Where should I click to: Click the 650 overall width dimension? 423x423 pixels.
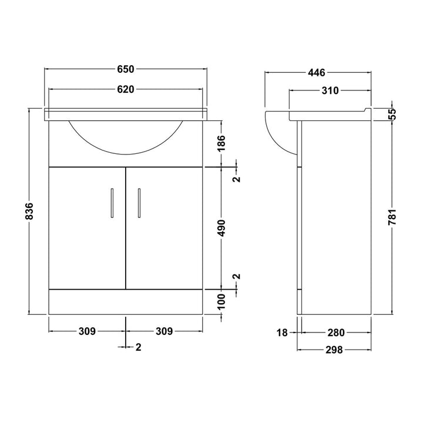pyautogui.click(x=126, y=69)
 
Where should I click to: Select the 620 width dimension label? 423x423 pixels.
pyautogui.click(x=126, y=89)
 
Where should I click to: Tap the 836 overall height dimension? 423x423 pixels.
pyautogui.click(x=29, y=211)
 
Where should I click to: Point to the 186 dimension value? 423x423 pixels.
pyautogui.click(x=221, y=143)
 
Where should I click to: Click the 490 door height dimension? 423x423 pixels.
pyautogui.click(x=221, y=228)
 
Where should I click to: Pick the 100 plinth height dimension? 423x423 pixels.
pyautogui.click(x=221, y=301)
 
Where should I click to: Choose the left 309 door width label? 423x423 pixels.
pyautogui.click(x=87, y=331)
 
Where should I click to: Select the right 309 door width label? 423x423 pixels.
pyautogui.click(x=164, y=331)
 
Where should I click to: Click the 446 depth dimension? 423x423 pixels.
pyautogui.click(x=317, y=73)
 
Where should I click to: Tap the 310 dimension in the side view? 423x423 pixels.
pyautogui.click(x=330, y=90)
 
